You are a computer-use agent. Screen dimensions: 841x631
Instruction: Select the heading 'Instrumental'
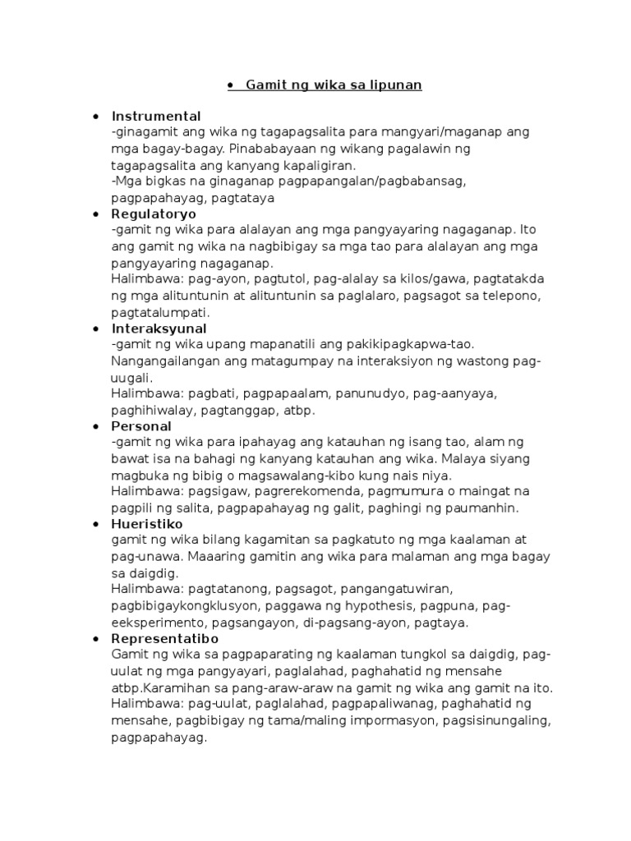pos(156,116)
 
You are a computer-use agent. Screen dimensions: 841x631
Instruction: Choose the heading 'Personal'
pos(141,426)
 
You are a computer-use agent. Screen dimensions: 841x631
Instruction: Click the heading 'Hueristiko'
pos(147,524)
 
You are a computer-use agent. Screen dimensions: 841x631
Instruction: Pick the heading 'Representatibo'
pos(163,638)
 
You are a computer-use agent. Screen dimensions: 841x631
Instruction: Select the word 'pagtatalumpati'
pos(159,312)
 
